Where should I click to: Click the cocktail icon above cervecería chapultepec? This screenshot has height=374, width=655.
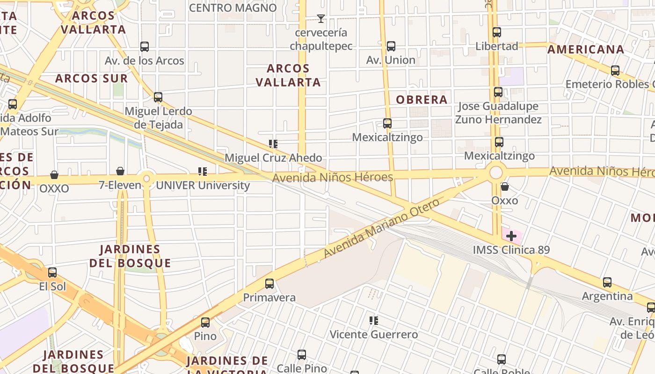[x=320, y=19]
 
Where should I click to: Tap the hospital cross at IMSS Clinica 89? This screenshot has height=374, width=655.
[x=511, y=236]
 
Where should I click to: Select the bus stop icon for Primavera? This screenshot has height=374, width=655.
[x=269, y=284]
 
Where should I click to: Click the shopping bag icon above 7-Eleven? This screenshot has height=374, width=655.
[x=120, y=171]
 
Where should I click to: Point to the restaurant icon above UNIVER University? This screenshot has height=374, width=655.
[x=203, y=172]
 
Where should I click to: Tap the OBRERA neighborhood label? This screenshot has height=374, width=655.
[x=422, y=100]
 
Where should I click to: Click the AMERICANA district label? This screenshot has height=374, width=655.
[x=586, y=50]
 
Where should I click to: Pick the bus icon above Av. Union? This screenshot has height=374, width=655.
[x=391, y=46]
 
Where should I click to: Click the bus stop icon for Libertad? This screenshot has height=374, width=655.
[x=497, y=32]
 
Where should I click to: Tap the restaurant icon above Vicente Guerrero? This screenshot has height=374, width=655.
[x=374, y=321]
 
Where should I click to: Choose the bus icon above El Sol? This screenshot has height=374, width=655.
[x=52, y=273]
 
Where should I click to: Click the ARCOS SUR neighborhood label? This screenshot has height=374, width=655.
[x=91, y=79]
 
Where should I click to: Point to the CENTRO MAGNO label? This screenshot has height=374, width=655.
[x=233, y=8]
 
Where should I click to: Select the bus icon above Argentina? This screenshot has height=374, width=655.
[x=607, y=282]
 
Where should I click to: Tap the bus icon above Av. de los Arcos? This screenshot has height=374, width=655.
[x=145, y=47]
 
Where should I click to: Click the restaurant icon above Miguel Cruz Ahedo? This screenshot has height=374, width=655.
[x=273, y=144]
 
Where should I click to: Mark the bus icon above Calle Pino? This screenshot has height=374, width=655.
[x=302, y=355]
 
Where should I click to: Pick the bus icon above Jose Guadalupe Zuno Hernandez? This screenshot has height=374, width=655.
[x=498, y=92]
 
